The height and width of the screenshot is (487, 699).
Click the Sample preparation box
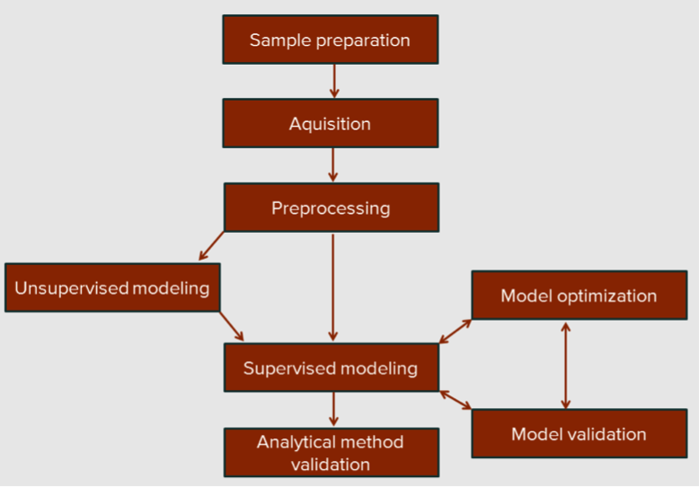click(x=331, y=40)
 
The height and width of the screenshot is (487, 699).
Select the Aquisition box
click(x=331, y=123)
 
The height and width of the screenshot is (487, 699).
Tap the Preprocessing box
click(x=332, y=208)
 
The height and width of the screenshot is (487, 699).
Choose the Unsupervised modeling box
click(x=112, y=288)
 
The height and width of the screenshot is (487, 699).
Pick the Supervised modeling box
click(x=332, y=367)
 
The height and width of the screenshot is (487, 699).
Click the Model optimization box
click(x=580, y=296)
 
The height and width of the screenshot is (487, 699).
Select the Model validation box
click(x=580, y=433)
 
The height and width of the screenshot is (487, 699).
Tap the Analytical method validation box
click(x=332, y=453)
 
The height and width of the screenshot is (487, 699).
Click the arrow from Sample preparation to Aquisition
click(x=334, y=81)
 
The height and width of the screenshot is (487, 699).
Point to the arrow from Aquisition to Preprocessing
click(x=333, y=165)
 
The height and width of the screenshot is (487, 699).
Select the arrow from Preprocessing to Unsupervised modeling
click(x=211, y=245)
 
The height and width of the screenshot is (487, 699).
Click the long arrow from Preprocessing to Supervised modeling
click(x=333, y=288)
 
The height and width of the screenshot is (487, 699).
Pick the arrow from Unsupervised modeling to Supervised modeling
click(x=232, y=326)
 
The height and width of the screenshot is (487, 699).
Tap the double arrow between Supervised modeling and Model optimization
click(x=456, y=332)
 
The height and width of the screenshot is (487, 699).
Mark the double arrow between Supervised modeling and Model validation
click(x=456, y=400)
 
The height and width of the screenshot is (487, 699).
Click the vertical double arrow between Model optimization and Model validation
click(x=566, y=366)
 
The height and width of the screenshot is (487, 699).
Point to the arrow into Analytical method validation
click(x=333, y=409)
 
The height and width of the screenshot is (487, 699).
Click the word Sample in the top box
click(x=281, y=40)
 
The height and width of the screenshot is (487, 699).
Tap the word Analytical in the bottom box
click(x=292, y=442)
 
